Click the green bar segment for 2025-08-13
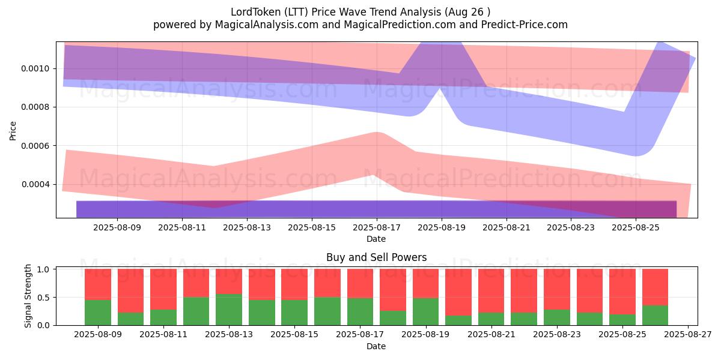229,310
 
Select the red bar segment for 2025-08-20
458,292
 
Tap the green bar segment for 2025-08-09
98,313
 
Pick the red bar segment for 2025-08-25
622,292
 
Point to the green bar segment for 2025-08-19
425,311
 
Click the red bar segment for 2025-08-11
163,289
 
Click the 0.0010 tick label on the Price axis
35,69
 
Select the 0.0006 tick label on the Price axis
35,146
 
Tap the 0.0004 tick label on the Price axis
35,185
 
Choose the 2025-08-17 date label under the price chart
377,227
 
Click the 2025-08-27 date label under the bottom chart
688,334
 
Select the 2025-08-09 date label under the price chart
117,227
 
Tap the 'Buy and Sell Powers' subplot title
377,257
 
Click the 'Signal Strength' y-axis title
28,296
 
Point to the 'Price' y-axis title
13,131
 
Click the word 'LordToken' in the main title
255,12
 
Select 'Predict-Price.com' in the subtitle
525,25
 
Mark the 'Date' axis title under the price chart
376,239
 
